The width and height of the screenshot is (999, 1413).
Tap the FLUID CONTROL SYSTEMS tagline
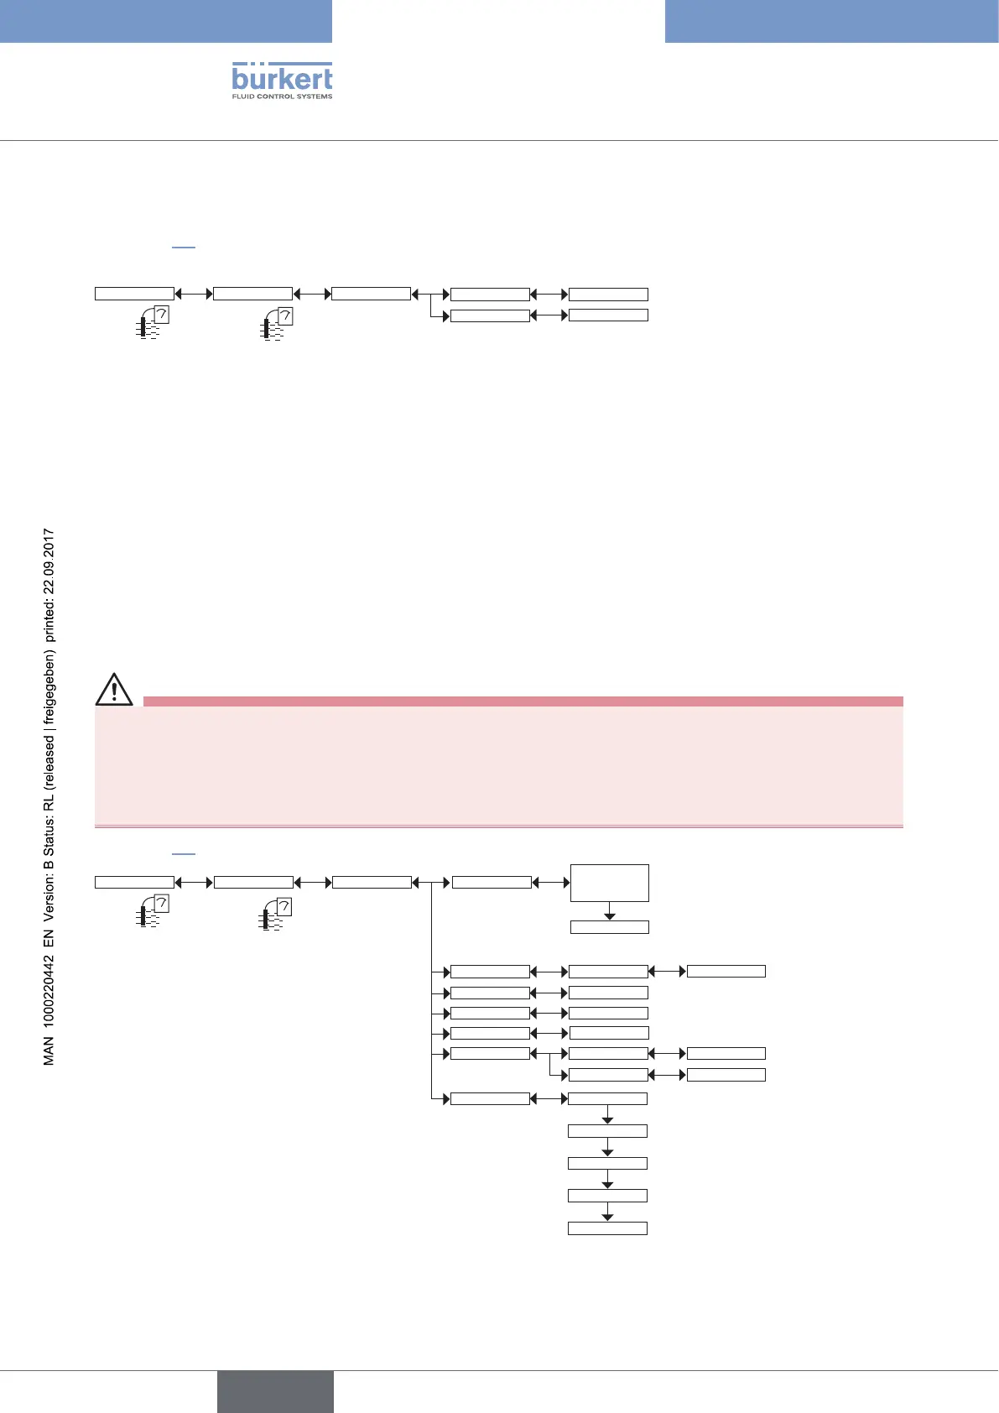coord(282,96)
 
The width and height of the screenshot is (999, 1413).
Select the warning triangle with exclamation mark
coord(114,689)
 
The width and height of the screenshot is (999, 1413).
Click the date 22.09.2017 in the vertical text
coord(49,556)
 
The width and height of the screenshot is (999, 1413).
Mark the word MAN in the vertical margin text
coord(49,1051)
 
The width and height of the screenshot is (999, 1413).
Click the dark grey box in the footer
coord(275,1391)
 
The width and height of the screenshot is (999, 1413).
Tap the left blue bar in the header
coord(166,21)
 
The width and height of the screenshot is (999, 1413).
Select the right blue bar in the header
coord(831,21)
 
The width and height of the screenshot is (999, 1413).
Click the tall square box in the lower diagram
coord(609,883)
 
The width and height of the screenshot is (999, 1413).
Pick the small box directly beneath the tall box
coord(609,927)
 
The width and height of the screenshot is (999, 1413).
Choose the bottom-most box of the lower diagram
coord(607,1228)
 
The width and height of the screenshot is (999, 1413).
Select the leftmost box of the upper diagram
coord(134,294)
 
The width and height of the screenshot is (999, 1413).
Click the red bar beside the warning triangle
coord(523,701)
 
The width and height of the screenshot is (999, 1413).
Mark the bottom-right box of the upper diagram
coord(608,315)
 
